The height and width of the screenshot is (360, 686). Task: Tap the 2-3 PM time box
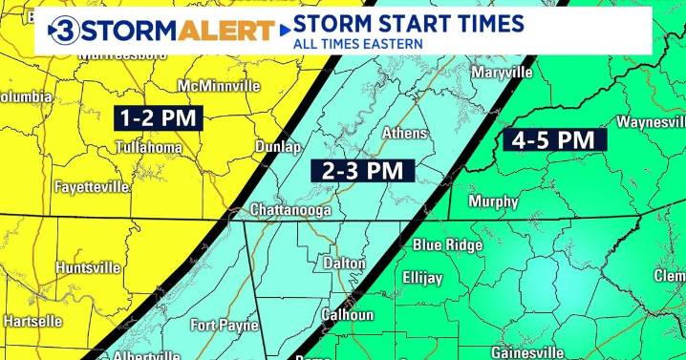[x=362, y=170]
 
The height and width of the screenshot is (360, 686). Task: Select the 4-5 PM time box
[x=553, y=140]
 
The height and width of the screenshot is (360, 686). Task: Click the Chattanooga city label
[x=289, y=209]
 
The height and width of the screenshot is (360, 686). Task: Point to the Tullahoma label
[x=149, y=148]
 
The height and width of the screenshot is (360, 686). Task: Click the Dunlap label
[x=278, y=147]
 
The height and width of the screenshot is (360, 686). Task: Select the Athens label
[x=404, y=134]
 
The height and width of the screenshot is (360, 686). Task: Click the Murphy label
[x=493, y=201]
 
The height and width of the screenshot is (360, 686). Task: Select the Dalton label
[x=345, y=263]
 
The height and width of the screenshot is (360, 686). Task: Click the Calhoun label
[x=347, y=314]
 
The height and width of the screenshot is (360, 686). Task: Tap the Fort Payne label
[x=225, y=326]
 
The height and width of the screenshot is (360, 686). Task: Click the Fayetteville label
[x=92, y=187]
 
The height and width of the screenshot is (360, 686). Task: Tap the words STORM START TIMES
[x=408, y=23]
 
